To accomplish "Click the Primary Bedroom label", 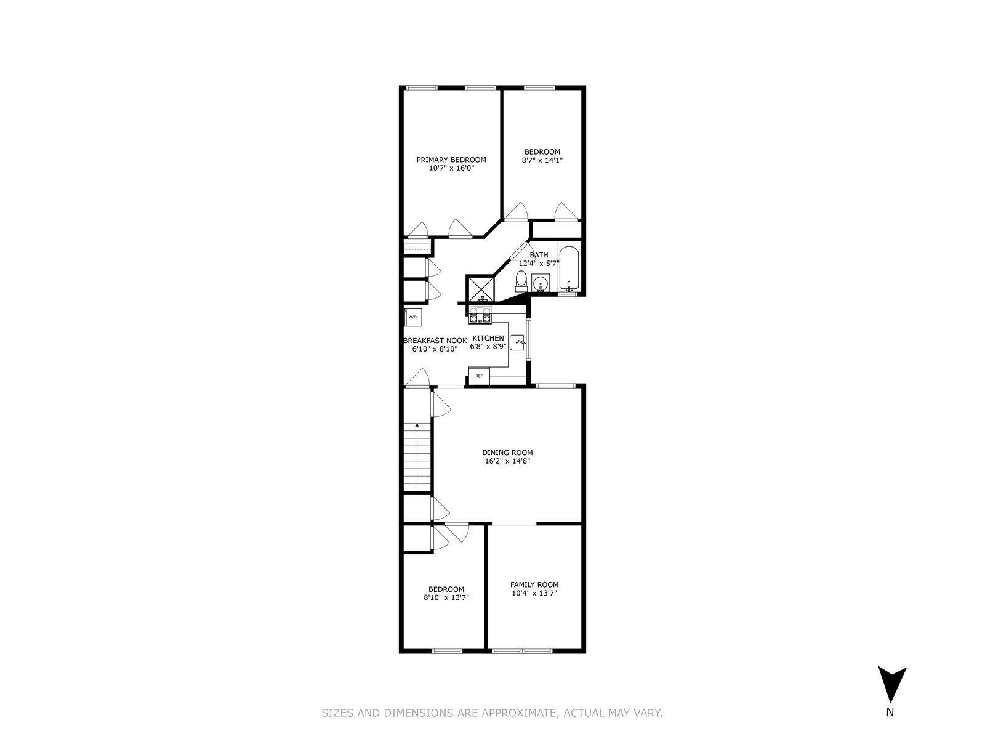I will pyautogui.click(x=451, y=160).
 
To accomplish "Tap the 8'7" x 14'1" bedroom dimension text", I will pyautogui.click(x=542, y=160).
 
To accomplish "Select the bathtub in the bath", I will pyautogui.click(x=569, y=269).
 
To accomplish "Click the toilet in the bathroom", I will pyautogui.click(x=521, y=282).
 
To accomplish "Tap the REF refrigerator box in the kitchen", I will pyautogui.click(x=478, y=375).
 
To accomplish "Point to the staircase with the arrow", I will pyautogui.click(x=417, y=456).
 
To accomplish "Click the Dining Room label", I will pyautogui.click(x=507, y=453).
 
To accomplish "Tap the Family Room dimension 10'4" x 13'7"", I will pyautogui.click(x=534, y=593).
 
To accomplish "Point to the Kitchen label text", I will pyautogui.click(x=488, y=338).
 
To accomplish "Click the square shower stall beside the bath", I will pyautogui.click(x=481, y=288).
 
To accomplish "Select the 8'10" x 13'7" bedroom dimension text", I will pyautogui.click(x=446, y=597).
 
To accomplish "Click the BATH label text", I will pyautogui.click(x=539, y=255).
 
